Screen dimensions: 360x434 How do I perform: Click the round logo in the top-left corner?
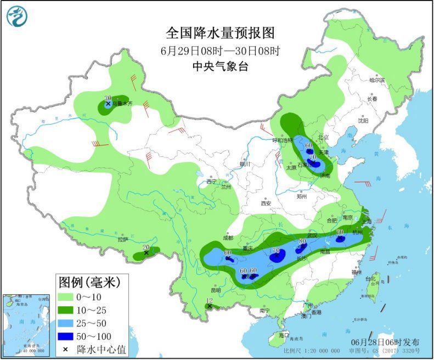tap(17, 16)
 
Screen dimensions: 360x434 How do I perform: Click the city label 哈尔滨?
tap(377, 80)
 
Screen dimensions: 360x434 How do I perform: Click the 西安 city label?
tap(266, 203)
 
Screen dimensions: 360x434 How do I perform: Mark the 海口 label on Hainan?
tap(284, 335)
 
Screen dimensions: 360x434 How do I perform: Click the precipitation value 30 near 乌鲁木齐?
tap(108, 97)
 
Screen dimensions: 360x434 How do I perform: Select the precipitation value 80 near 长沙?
tap(302, 241)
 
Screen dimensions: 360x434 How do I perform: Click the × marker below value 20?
tap(146, 252)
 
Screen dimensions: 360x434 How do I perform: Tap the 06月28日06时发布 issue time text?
tap(386, 342)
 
